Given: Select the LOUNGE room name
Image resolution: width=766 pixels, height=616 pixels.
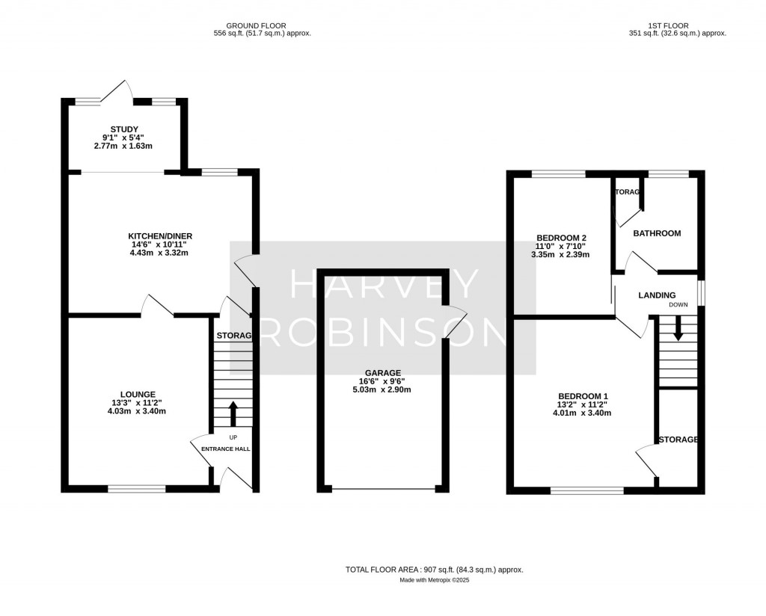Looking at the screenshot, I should coord(138,394).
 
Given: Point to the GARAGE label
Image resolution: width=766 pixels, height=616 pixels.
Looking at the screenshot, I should coord(383,372).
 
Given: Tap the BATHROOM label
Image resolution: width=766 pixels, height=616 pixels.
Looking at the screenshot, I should coord(657,233).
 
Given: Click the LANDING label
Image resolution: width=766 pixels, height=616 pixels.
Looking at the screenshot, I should coord(657,295).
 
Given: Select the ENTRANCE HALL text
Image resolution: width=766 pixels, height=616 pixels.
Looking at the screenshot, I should coord(225,449).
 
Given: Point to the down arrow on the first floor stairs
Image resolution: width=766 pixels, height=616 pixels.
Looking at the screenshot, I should coord(678,329).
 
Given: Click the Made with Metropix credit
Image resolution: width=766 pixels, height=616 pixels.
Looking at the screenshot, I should coord(434,580).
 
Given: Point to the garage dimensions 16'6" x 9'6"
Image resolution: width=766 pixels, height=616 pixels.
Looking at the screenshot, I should coord(383,381).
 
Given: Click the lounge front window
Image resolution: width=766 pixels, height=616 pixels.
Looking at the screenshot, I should coord(137,489).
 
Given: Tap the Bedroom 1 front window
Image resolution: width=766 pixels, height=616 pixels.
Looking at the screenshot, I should coord(587,490).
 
